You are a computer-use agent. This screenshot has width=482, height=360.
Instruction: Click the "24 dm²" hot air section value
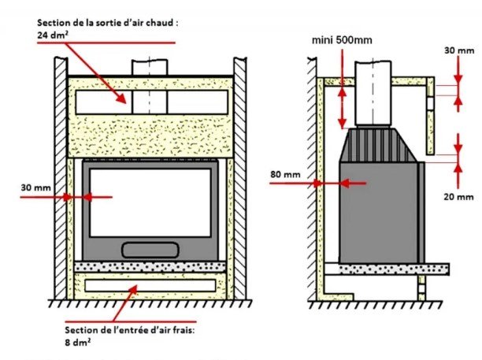pyautogui.click(x=53, y=35)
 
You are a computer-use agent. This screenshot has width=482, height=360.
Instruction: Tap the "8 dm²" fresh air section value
pyautogui.click(x=77, y=342)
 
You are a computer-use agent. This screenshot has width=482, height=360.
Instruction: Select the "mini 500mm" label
pyautogui.click(x=342, y=40)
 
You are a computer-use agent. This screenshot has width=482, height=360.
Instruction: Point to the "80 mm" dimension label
pyautogui.click(x=285, y=174)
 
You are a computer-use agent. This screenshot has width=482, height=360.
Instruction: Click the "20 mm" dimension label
pyautogui.click(x=458, y=197)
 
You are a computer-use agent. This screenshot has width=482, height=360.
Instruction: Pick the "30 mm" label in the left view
pyautogui.click(x=35, y=187)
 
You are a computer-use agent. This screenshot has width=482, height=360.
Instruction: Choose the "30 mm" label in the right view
pyautogui.click(x=459, y=50)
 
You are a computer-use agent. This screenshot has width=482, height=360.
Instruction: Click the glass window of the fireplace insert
pyautogui.click(x=150, y=203)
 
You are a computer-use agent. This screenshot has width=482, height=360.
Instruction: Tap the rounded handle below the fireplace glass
pyautogui.click(x=150, y=250)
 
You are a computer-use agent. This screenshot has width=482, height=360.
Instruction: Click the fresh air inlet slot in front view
pyautogui.click(x=150, y=286)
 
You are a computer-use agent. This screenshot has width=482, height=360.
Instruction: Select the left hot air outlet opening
pyautogui.click(x=104, y=102)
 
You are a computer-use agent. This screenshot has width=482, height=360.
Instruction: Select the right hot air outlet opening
pyautogui.click(x=198, y=102)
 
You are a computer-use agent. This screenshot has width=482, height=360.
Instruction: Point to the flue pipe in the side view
pyautogui.click(x=373, y=93)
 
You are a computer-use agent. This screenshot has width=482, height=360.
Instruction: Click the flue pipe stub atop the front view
pyautogui.click(x=150, y=67)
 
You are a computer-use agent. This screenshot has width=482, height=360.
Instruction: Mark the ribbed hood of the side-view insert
pyautogui.click(x=378, y=145)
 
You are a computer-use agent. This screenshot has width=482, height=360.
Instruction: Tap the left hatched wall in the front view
pyautogui.click(x=61, y=178)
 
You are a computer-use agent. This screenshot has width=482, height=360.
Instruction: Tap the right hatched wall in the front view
pyautogui.click(x=239, y=178)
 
